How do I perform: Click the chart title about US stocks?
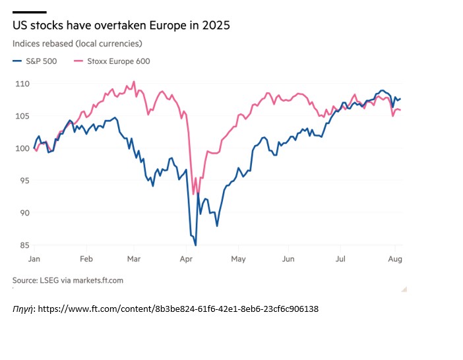[121, 26]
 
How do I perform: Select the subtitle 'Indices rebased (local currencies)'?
[77, 44]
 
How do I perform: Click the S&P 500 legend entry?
[36, 61]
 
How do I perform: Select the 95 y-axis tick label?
[23, 181]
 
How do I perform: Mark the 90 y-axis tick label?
[23, 213]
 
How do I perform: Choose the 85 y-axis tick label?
[23, 245]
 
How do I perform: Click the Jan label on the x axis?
[35, 259]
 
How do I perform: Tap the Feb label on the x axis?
[85, 259]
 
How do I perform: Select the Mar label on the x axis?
[135, 259]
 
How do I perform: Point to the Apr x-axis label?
[185, 259]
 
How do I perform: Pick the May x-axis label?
[237, 259]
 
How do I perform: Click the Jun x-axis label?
[288, 259]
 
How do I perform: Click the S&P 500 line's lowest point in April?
[196, 245]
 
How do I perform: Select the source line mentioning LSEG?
[67, 280]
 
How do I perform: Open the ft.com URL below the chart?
[178, 308]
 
